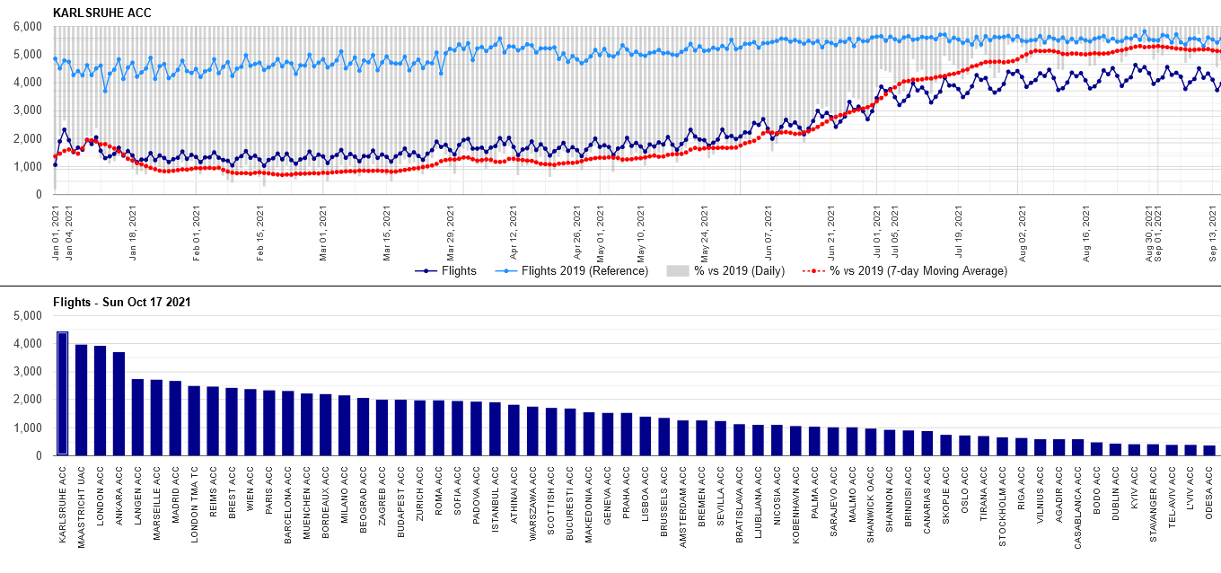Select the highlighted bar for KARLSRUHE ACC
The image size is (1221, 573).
[62, 394]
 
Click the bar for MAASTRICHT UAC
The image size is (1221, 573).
[81, 401]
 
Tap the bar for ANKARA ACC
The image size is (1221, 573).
[119, 404]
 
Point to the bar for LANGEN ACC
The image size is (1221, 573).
[137, 418]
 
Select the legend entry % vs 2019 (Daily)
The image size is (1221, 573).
[733, 271]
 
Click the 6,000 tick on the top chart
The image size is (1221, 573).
[27, 27]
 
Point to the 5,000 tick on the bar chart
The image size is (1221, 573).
[27, 316]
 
